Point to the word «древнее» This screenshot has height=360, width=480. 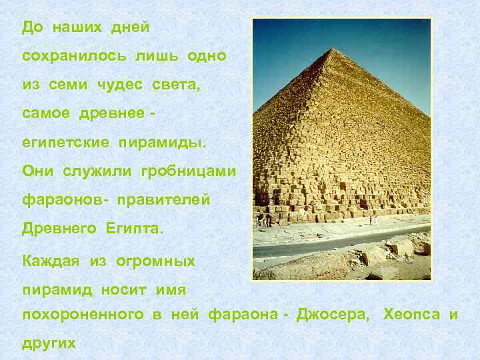point(114,114)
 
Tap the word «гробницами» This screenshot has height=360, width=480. point(188,171)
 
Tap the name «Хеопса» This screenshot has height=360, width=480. point(411,314)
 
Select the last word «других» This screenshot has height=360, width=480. point(49,343)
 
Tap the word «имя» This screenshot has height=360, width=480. point(171,290)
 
